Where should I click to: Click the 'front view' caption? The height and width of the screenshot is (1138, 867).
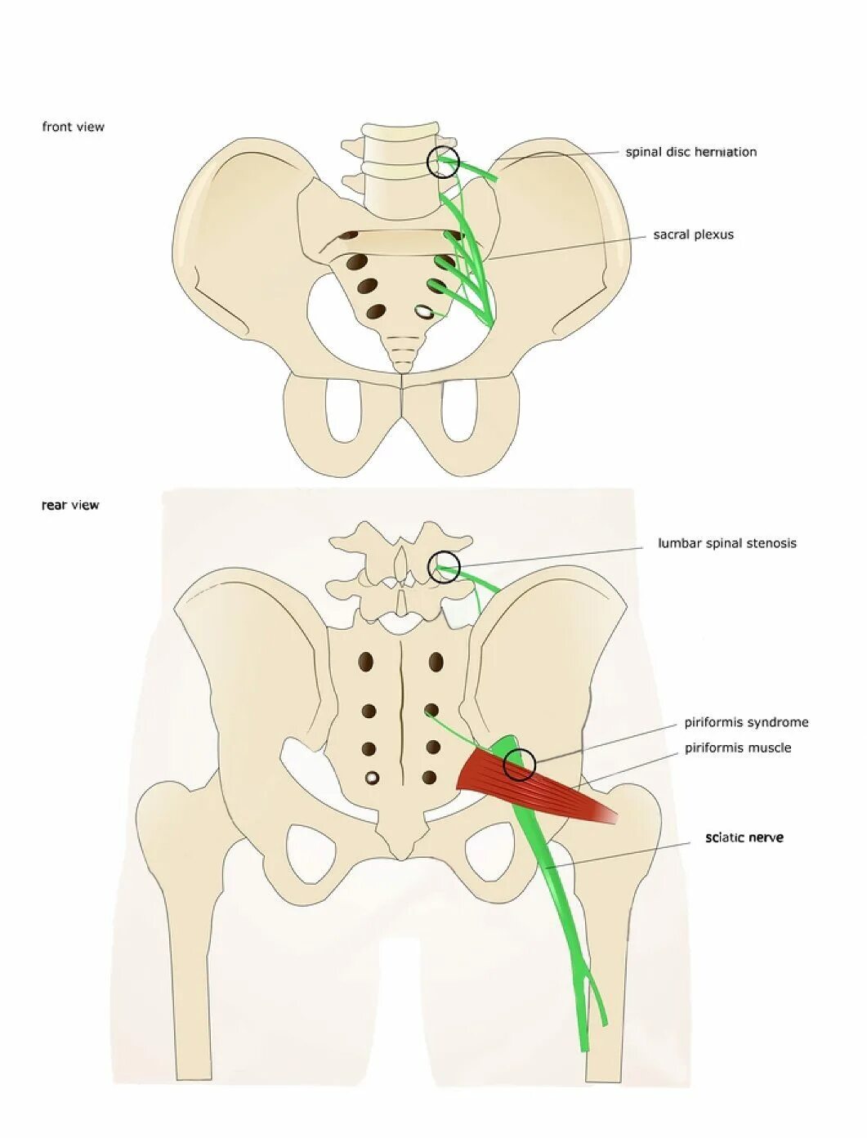tap(74, 127)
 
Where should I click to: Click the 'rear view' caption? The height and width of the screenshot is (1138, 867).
tap(70, 505)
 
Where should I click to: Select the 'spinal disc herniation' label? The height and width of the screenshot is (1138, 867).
tap(690, 152)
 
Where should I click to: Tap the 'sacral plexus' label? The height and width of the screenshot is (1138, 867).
tap(693, 234)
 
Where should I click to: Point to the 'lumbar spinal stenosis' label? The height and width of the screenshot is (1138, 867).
tap(726, 543)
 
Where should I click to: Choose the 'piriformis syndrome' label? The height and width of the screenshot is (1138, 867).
tap(746, 722)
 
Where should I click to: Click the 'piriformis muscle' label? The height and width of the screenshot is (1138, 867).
tap(737, 748)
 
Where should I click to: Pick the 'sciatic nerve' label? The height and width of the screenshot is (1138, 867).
tap(744, 837)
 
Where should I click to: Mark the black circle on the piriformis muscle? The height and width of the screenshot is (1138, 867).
tap(519, 765)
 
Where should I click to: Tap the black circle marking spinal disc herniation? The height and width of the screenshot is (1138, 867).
tap(444, 162)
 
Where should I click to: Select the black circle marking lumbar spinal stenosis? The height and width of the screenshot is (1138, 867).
tap(445, 567)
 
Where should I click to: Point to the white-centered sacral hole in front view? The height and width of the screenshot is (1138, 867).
tap(424, 311)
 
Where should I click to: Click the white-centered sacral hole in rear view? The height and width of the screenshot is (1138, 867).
tap(372, 777)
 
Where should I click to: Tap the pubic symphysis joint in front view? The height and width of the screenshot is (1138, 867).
tap(401, 392)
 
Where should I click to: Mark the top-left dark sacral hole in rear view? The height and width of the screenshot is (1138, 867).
tap(364, 662)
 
